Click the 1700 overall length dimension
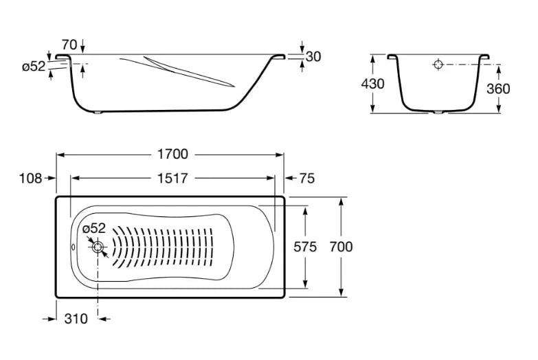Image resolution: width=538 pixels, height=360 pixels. (x=171, y=155)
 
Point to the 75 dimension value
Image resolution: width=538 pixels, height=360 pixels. (x=307, y=178)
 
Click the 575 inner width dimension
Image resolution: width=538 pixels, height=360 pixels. (x=305, y=247)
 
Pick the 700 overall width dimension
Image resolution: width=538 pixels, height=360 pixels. (x=341, y=247)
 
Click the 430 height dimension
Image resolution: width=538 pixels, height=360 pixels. (x=372, y=84)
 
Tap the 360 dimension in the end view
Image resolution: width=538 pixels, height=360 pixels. (x=497, y=88)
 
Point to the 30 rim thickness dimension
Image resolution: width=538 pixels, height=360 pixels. (x=313, y=56)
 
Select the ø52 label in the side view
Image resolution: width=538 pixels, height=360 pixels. (x=34, y=67)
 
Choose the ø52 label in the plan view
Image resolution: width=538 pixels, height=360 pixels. (x=93, y=228)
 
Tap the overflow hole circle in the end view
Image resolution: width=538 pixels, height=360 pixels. (x=438, y=65)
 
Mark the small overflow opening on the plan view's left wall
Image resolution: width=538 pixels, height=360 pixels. (x=74, y=247)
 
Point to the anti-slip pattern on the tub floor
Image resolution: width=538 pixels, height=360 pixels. (x=172, y=247)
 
